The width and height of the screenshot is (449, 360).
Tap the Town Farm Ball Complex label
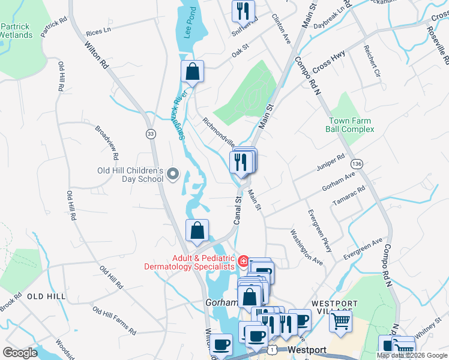(350, 125)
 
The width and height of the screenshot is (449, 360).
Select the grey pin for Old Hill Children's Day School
(173, 174)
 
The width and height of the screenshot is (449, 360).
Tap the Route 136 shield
(357, 164)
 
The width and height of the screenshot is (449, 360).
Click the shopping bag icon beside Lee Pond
(193, 72)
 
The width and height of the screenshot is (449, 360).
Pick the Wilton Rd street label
(96, 55)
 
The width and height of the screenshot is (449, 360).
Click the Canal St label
(237, 211)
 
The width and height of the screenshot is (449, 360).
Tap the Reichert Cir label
(369, 61)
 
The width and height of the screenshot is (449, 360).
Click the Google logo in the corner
(20, 353)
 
